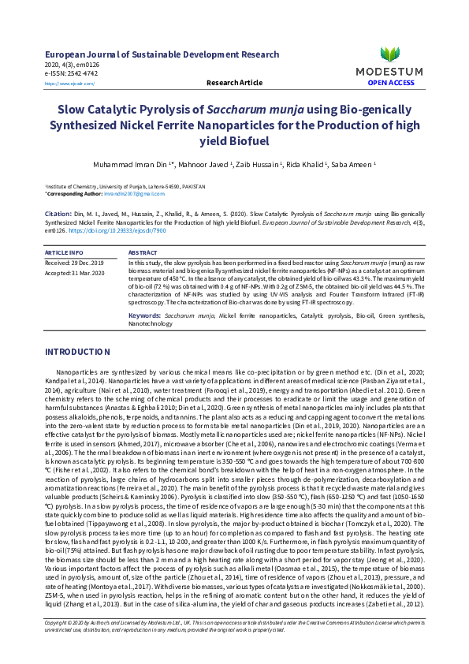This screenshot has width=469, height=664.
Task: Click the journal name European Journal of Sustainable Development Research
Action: tap(162, 54)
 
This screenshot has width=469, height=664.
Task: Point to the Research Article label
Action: tap(234, 82)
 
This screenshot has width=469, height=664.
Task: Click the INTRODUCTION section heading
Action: tap(83, 351)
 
